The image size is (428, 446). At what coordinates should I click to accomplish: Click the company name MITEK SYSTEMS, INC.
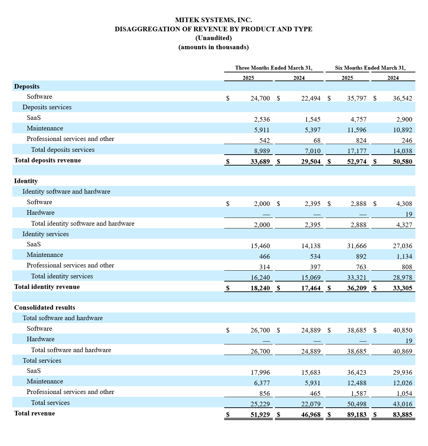pyautogui.click(x=213, y=20)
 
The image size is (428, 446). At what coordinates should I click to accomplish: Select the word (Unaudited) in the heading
pyautogui.click(x=213, y=38)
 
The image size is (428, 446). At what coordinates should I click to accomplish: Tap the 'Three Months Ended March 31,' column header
pyautogui.click(x=273, y=68)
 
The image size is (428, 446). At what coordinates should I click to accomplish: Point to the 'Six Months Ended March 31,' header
pyautogui.click(x=370, y=68)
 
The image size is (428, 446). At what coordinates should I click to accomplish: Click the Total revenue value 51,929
pyautogui.click(x=260, y=415)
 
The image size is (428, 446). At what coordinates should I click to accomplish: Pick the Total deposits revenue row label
pyautogui.click(x=48, y=160)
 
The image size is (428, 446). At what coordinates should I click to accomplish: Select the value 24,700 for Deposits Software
pyautogui.click(x=260, y=98)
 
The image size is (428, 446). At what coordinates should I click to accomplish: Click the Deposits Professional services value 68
pyautogui.click(x=317, y=141)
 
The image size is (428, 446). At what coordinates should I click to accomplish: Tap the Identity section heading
pyautogui.click(x=26, y=181)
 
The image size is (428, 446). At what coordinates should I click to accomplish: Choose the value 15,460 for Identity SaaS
pyautogui.click(x=260, y=246)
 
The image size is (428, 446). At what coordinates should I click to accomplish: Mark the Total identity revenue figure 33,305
pyautogui.click(x=402, y=288)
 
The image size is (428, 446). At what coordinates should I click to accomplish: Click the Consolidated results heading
pyautogui.click(x=44, y=308)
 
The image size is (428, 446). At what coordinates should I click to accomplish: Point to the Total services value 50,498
pyautogui.click(x=357, y=404)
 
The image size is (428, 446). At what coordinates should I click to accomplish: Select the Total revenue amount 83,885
pyautogui.click(x=402, y=415)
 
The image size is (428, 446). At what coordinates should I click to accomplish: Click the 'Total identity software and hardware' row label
pyautogui.click(x=83, y=224)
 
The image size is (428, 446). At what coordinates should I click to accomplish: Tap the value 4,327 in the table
pyautogui.click(x=404, y=225)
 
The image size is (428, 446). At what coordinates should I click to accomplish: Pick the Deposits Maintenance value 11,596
pyautogui.click(x=357, y=130)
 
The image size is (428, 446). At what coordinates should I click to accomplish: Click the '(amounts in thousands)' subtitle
pyautogui.click(x=213, y=47)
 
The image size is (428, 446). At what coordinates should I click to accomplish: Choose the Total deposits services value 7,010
pyautogui.click(x=311, y=151)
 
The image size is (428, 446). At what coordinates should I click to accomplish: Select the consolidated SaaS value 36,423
pyautogui.click(x=357, y=373)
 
